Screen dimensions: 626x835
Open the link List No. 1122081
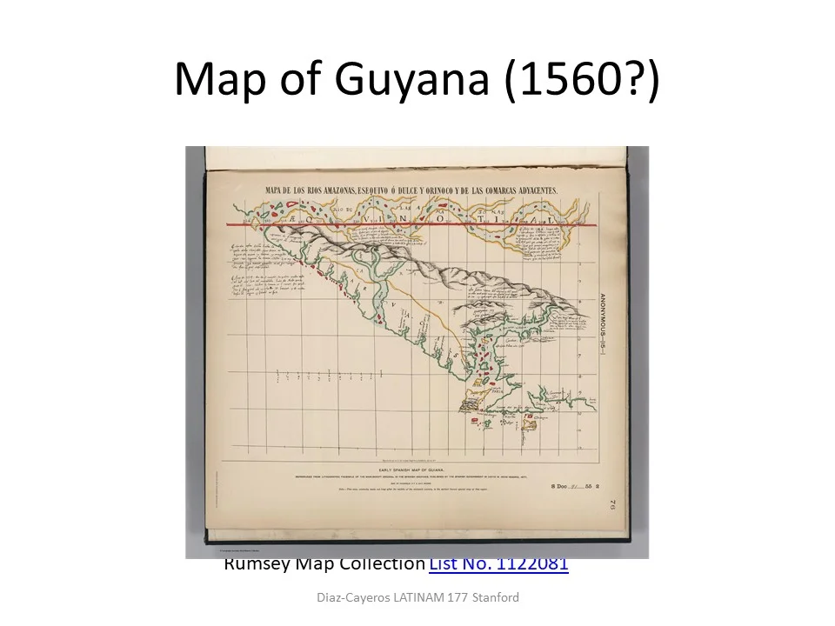(x=498, y=564)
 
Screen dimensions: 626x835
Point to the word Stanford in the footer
(x=494, y=597)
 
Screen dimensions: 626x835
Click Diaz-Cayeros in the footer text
(x=353, y=597)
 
